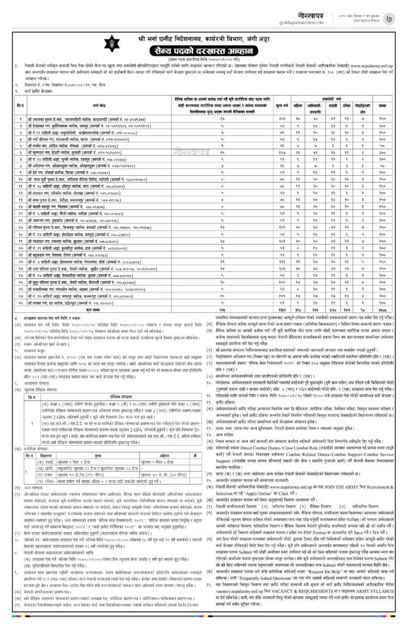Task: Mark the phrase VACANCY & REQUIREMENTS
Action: tap(300, 582)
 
